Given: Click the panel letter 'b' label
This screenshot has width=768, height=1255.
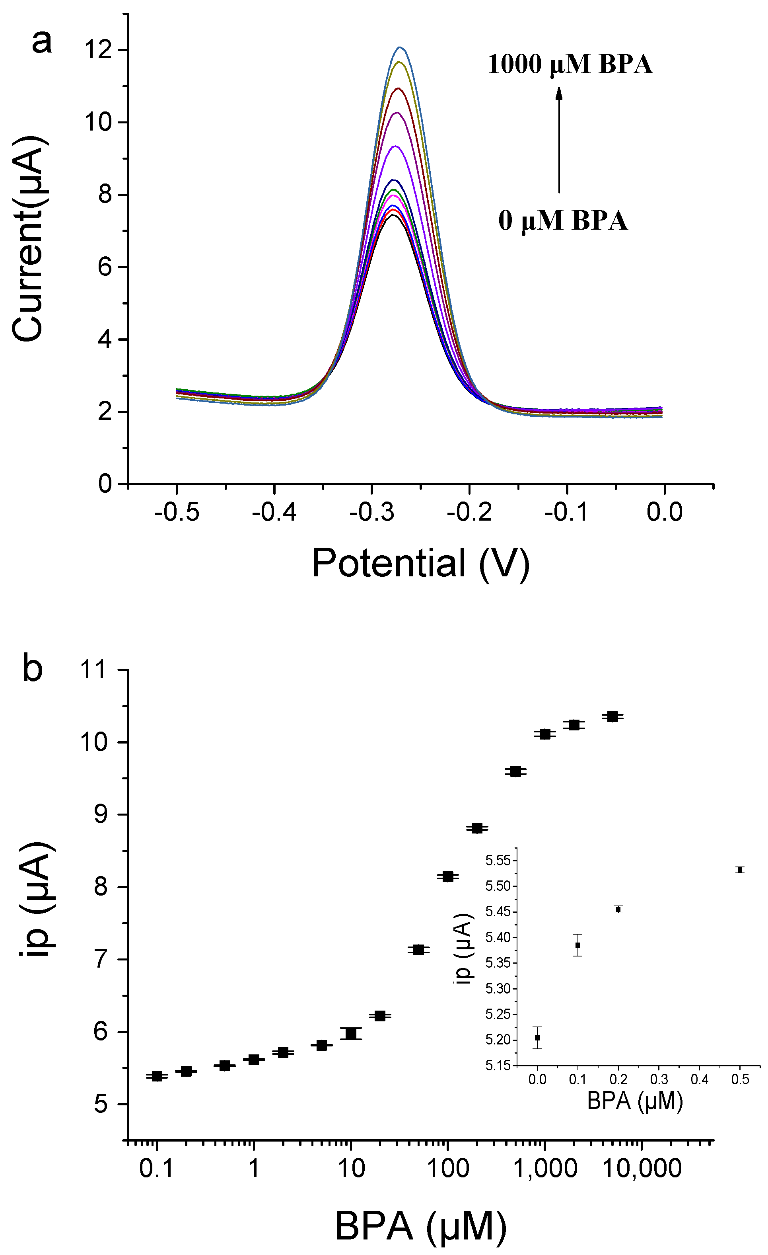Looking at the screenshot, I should click(x=32, y=668).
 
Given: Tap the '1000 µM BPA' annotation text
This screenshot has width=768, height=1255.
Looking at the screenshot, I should click(x=570, y=65).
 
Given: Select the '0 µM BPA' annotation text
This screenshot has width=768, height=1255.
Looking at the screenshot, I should click(x=562, y=221).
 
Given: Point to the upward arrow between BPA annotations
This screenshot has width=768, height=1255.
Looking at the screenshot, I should click(x=559, y=140).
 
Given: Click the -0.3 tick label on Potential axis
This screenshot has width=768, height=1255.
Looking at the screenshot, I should click(x=371, y=512).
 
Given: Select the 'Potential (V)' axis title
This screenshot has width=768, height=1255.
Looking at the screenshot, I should click(x=420, y=563).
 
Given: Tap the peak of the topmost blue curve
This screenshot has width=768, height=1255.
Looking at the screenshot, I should click(x=400, y=48).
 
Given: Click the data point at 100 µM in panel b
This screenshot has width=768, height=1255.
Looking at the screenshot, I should click(x=448, y=876).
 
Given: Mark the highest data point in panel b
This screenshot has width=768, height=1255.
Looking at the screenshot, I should click(x=613, y=716).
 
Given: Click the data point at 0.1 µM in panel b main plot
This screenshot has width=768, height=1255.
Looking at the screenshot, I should click(x=157, y=1076).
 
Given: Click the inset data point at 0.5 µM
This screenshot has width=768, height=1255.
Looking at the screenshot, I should click(x=740, y=870).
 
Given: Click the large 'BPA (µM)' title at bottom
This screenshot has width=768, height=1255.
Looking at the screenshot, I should click(x=420, y=1226).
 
